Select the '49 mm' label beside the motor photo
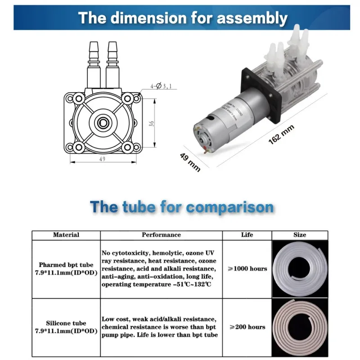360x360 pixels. pos(190,161)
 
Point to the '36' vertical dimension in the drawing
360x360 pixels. pos(152,123)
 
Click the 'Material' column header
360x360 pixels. pos(66,235)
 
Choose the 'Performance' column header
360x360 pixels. pos(161,235)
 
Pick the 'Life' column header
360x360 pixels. pos(247,235)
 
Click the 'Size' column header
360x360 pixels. pos(300,235)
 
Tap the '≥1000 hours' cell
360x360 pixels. pos(247,269)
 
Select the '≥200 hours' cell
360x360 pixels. pos(247,327)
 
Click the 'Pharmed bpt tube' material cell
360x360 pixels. pos(66,269)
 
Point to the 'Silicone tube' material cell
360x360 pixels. pos(66,327)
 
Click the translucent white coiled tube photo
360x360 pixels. pos(300,269)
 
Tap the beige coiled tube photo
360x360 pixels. pos(300,327)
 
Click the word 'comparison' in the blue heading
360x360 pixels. pos(229,207)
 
